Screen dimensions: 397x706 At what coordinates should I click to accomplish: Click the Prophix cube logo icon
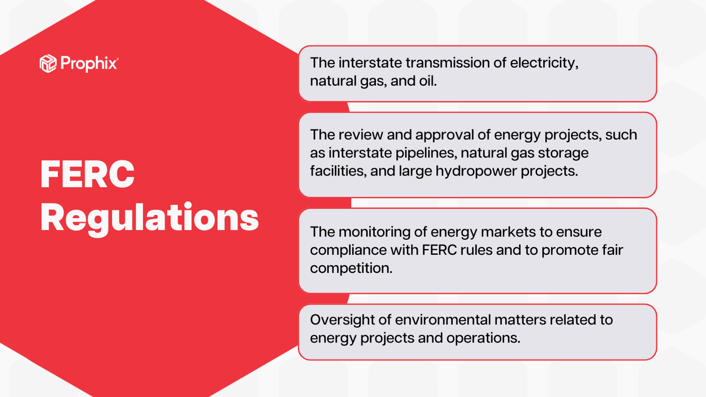coord(48,64)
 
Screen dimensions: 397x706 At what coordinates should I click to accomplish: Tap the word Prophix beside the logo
coord(89,64)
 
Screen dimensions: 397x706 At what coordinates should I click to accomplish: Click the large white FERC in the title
coord(87,175)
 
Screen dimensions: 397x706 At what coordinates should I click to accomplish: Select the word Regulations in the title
coord(149,218)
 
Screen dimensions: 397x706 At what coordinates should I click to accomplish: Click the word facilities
coord(337,171)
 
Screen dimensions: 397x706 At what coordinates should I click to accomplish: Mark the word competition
coord(350,268)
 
